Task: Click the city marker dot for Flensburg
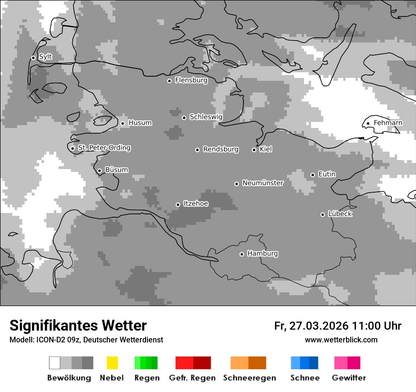point(169,81)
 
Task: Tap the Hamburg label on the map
point(262,254)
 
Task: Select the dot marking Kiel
point(254,150)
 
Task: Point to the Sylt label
point(45,57)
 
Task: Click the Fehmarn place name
point(388,123)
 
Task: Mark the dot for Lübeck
point(322,214)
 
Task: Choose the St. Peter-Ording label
point(104,148)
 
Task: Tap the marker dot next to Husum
point(122,123)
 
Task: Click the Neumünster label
point(262,183)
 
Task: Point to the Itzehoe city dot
point(178,205)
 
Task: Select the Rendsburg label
point(220,149)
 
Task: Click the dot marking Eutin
point(312,175)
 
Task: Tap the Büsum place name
point(116,170)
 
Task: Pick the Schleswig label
point(206,117)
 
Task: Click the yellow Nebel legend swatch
point(112,363)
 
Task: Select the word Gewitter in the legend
point(349,378)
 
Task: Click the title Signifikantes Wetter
point(78,325)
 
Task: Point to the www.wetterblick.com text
point(341,340)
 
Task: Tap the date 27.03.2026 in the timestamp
point(318,326)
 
